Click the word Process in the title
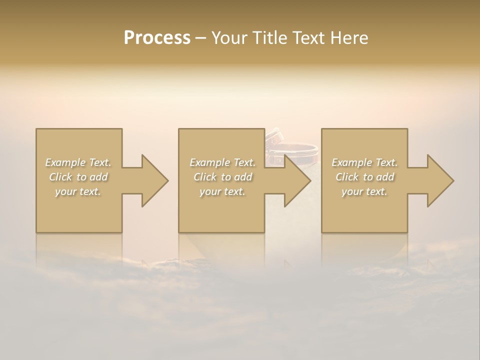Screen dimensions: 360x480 157,38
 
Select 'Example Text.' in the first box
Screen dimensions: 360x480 78,162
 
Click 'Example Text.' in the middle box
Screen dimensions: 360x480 222,162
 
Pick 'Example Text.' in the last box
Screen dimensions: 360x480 364,162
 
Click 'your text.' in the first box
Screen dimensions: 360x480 78,191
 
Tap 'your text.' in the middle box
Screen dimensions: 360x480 222,191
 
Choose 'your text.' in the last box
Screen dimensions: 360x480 364,191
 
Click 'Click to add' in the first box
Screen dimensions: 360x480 78,177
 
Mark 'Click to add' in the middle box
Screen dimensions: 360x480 222,177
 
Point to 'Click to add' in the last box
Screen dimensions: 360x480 364,177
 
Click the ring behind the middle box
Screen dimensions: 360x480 300,148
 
